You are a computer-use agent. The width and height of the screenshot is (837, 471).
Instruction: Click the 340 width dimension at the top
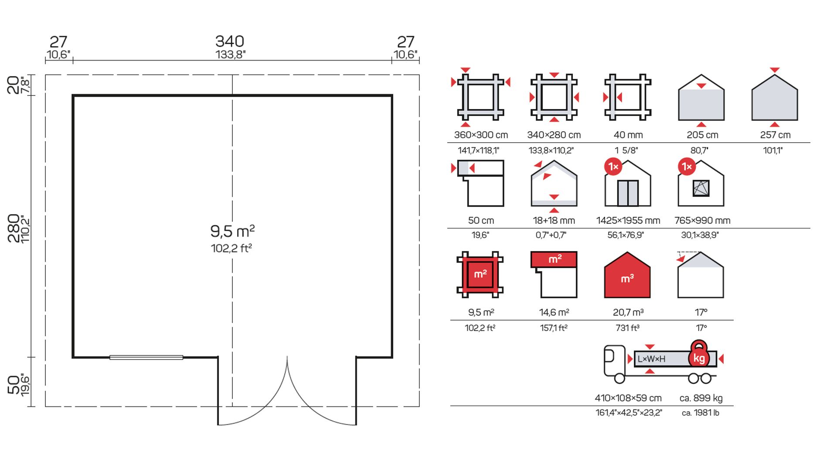coord(230,41)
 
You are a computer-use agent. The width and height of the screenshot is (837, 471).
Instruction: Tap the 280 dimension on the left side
coord(14,228)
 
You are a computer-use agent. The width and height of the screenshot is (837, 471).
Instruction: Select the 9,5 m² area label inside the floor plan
coord(232,231)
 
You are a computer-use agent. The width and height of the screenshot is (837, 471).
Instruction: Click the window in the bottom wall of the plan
coord(146,358)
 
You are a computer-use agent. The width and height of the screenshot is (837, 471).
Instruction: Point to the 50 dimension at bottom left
coord(14,384)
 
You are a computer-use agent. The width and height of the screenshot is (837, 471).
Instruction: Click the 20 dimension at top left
coord(14,85)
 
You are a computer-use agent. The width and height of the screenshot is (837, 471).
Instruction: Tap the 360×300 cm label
coord(481,135)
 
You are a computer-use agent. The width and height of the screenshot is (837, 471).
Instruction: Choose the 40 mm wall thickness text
coord(628,135)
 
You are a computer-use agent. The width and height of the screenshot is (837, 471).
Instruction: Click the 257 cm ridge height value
coord(775,135)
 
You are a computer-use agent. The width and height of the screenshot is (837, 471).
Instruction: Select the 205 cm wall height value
coord(702,135)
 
